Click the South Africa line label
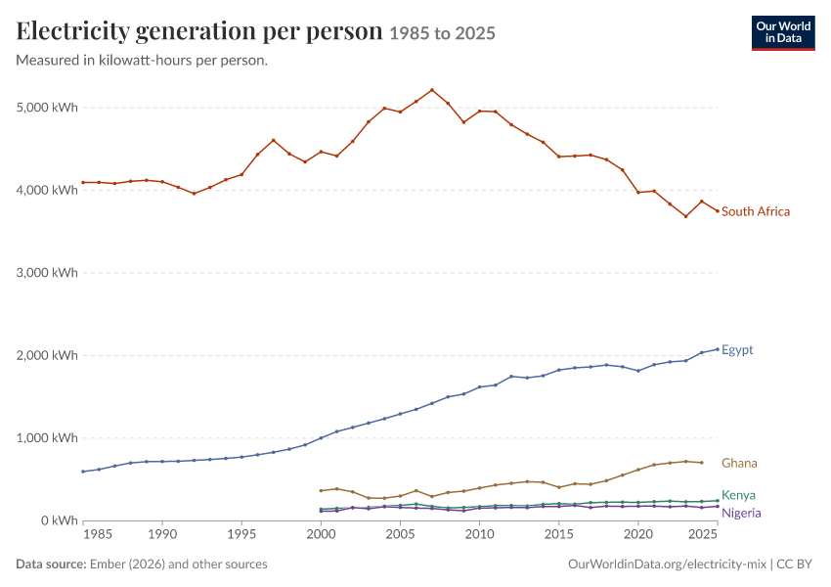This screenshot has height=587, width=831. click(755, 211)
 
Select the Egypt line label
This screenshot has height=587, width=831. click(737, 350)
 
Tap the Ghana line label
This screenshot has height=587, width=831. click(739, 463)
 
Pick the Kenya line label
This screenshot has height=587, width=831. click(738, 495)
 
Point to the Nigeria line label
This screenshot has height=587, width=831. click(741, 513)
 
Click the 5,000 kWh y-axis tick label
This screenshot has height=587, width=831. click(47, 108)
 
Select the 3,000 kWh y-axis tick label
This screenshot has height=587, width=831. click(47, 273)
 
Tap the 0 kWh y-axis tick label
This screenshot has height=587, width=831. click(60, 520)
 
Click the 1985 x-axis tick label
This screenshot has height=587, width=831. click(98, 534)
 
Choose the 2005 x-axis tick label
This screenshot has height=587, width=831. click(400, 534)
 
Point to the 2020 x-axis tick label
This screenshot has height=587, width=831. click(638, 534)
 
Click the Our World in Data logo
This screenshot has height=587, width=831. click(783, 33)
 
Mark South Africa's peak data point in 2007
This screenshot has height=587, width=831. click(432, 90)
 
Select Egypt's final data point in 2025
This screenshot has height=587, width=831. click(718, 349)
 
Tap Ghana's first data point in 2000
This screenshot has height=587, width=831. click(321, 490)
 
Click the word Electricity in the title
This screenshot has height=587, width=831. click(72, 30)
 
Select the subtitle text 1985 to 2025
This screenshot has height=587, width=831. click(443, 33)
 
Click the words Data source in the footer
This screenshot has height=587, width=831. click(51, 564)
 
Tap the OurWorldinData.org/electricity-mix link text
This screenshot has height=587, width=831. click(667, 564)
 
